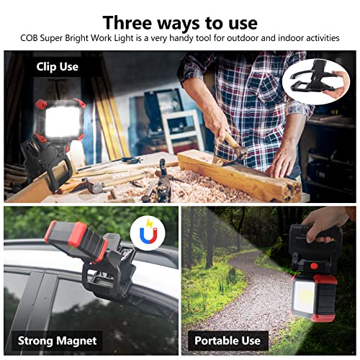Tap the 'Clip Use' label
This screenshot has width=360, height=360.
point(58,67)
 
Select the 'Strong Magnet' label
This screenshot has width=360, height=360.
point(57,340)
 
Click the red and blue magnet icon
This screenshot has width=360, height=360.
point(149,233)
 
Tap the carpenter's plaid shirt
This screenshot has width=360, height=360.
point(248,86)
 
